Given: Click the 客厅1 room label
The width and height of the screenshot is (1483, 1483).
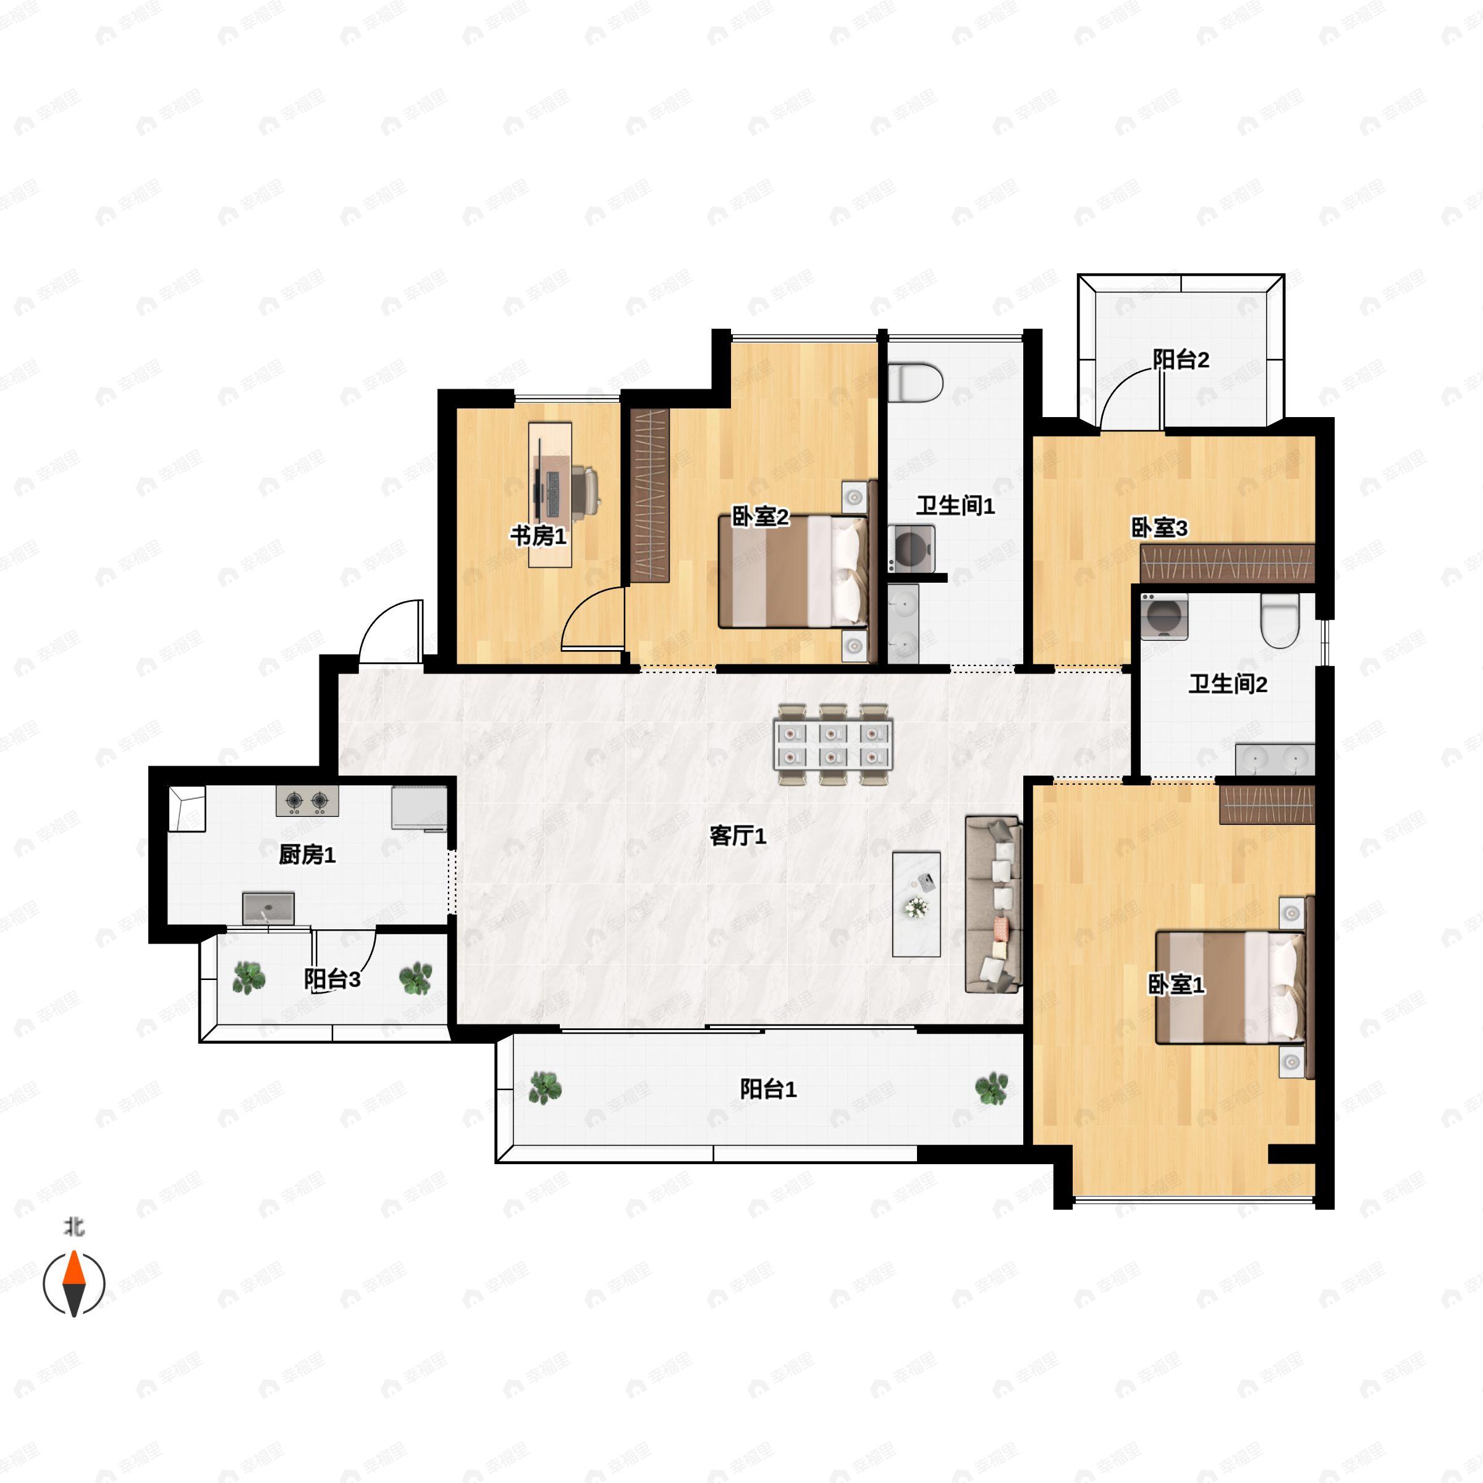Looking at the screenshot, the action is tap(738, 835).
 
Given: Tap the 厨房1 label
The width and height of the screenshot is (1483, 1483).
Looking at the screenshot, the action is tap(307, 855).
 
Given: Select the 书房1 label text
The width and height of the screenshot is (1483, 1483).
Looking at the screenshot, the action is tap(539, 536).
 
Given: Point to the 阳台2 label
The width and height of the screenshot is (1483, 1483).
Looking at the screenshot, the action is tap(1181, 358).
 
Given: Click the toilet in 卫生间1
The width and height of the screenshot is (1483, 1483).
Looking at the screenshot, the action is tap(916, 382).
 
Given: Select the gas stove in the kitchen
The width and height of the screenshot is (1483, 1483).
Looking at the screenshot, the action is tap(307, 801).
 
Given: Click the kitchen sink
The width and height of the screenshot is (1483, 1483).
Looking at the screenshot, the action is tap(269, 908).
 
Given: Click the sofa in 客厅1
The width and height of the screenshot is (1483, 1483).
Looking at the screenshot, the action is tap(994, 904).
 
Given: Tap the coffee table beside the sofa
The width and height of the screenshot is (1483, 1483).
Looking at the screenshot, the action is tap(916, 903).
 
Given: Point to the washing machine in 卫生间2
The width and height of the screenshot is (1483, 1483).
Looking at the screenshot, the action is tap(1164, 617).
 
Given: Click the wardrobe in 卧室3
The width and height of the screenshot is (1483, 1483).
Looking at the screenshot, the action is tap(1227, 563).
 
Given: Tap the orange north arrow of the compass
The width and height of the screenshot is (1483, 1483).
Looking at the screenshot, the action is tap(74, 1268).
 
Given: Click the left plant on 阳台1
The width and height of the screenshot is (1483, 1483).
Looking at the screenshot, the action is tap(545, 1088).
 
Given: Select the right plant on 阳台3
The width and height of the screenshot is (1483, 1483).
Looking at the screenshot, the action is tap(415, 978).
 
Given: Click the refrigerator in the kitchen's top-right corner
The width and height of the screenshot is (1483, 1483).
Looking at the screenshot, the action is tap(419, 808).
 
